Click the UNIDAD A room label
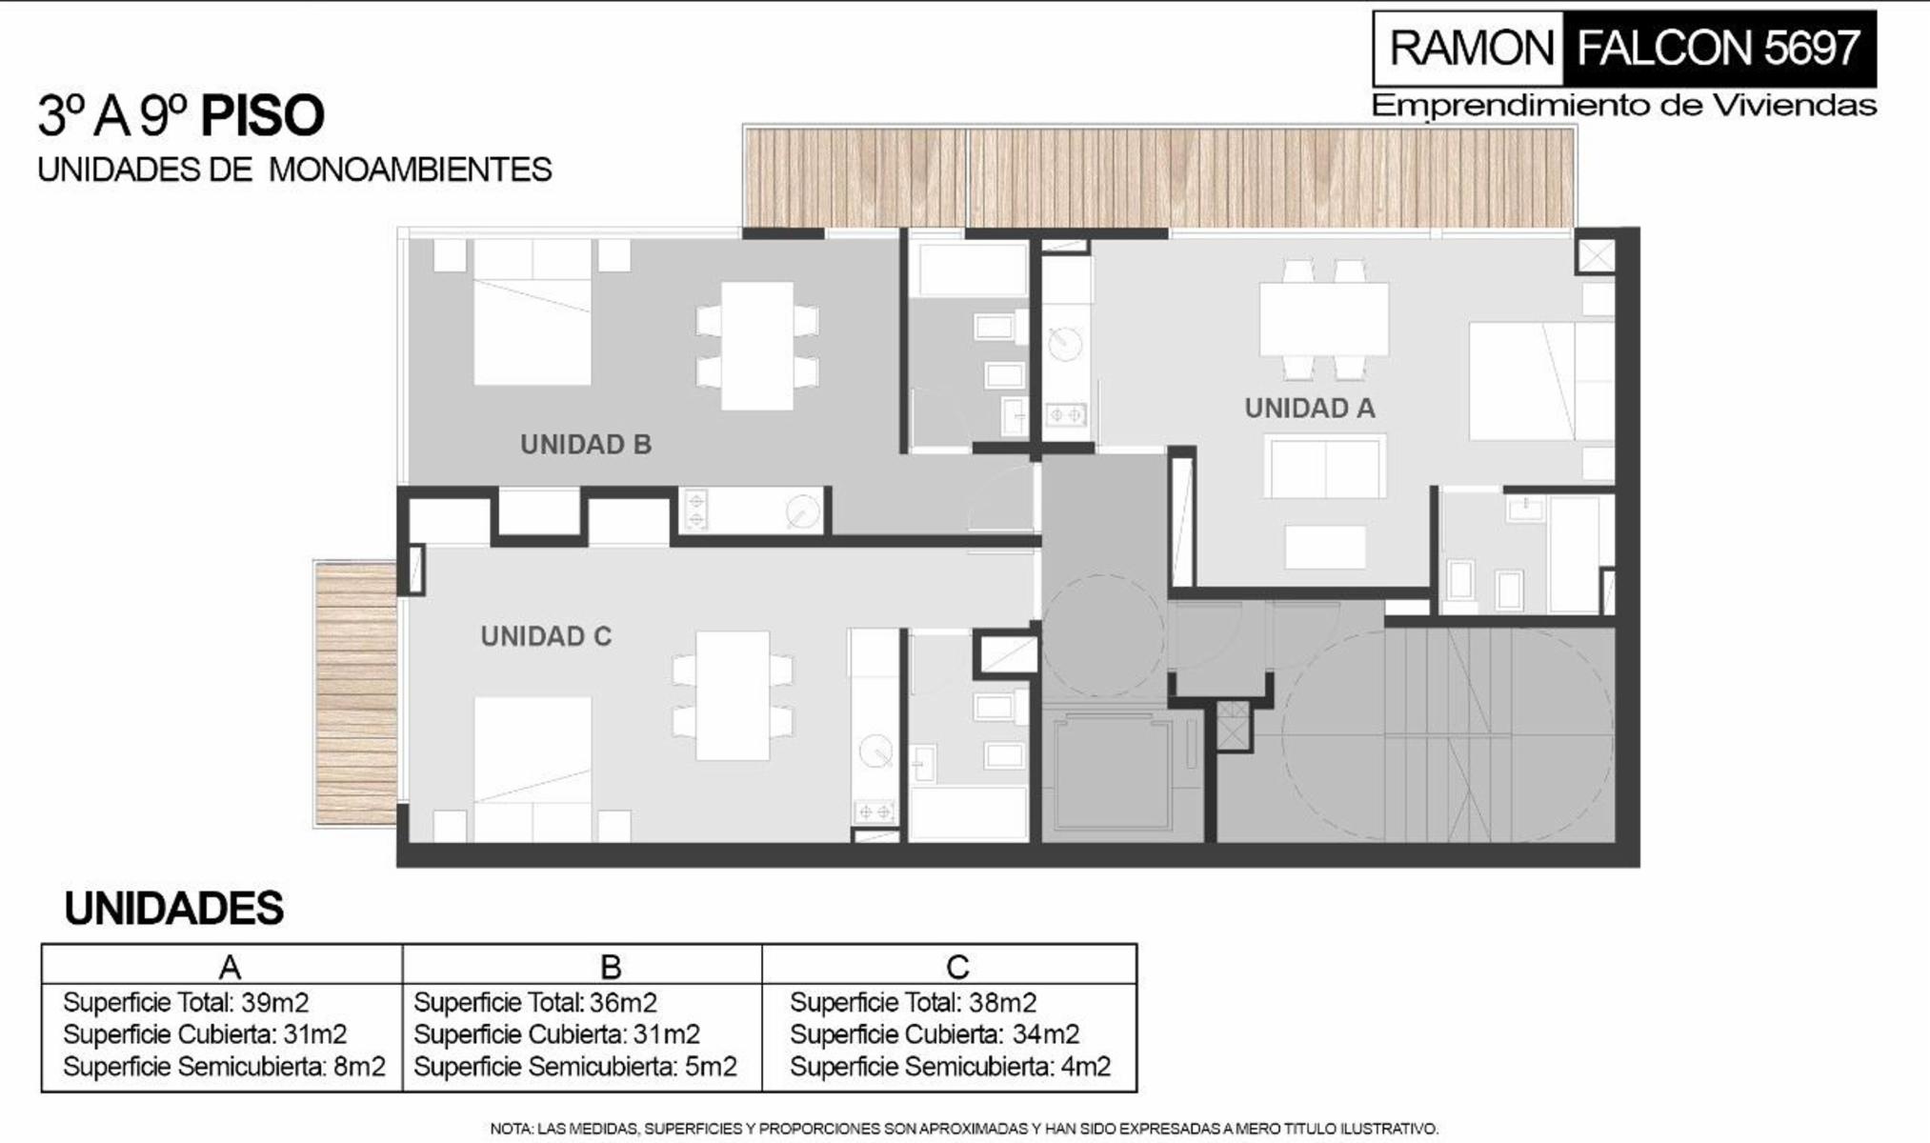point(1310,408)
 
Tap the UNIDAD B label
point(586,444)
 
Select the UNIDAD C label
point(546,636)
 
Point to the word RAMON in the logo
point(1472,48)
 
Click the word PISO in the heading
point(263,116)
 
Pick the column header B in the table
point(611,967)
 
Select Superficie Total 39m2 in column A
point(186,1002)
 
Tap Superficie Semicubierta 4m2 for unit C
point(951,1067)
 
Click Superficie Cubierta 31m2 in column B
point(556,1034)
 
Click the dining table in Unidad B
point(757,345)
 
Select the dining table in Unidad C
point(733,695)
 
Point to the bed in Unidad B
point(533,311)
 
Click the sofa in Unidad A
point(1325,466)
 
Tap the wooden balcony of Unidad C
point(355,692)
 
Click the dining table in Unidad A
point(1324,319)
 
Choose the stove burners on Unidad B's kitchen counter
point(695,510)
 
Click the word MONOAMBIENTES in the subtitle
point(411,170)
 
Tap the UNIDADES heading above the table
point(174,909)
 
